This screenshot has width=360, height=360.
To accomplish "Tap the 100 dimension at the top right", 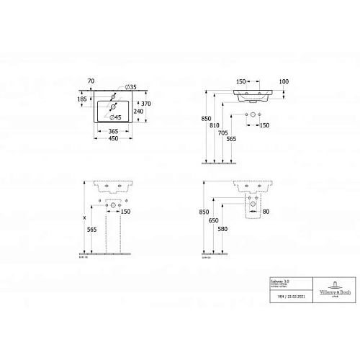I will (284, 81).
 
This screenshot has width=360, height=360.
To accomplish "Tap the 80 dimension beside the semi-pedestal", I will (265, 211).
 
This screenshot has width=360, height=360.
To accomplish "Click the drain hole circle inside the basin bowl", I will (113, 109).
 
